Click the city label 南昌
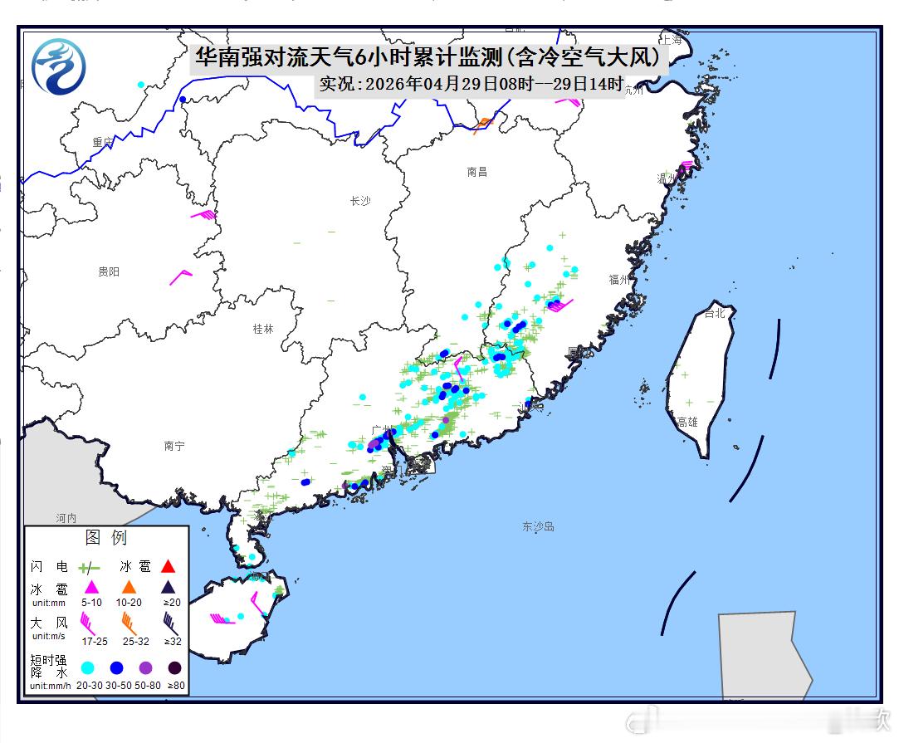476,172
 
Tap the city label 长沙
360,201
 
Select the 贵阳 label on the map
109,271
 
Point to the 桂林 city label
262,329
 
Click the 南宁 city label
174,446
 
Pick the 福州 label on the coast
619,280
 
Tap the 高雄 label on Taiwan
687,422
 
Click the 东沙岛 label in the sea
538,526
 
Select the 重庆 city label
103,142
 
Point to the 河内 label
66,517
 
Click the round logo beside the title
58,66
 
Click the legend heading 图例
106,538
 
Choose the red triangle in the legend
168,567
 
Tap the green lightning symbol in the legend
89,568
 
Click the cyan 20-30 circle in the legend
88,667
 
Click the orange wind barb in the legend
129,621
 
